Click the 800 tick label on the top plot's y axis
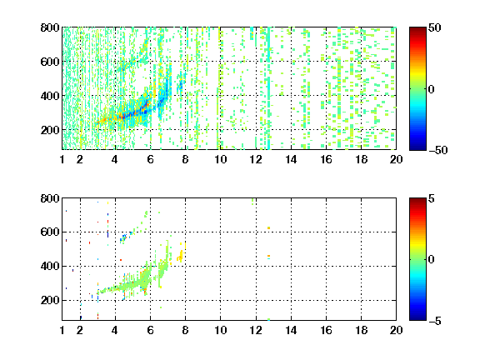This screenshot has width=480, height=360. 50,27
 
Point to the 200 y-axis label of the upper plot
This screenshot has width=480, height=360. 50,130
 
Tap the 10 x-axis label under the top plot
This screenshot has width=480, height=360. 220,159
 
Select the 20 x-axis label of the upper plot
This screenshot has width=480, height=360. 396,159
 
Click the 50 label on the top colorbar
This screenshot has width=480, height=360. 435,27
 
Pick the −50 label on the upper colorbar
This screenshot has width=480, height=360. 438,150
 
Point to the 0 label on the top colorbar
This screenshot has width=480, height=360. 432,89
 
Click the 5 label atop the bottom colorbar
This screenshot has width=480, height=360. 432,198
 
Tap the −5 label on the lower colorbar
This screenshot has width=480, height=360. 435,321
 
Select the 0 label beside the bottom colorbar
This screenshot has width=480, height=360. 432,260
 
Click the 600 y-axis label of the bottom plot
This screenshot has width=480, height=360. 50,232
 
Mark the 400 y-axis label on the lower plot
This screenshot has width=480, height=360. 50,266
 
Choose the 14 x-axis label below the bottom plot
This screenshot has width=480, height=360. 291,330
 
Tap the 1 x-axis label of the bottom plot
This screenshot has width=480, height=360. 62,330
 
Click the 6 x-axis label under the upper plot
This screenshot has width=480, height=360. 150,159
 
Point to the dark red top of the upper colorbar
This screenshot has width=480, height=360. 417,30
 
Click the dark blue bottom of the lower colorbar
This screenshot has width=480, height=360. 417,317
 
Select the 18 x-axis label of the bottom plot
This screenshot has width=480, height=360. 361,330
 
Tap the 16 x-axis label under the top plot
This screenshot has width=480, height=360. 326,159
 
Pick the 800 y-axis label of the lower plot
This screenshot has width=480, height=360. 50,198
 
